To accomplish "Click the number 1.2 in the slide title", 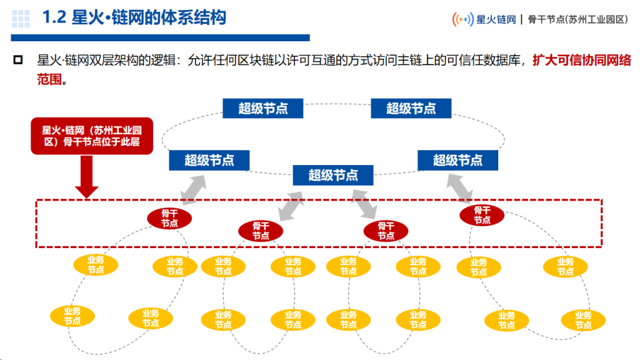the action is pos(54,17).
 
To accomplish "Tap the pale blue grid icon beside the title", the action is pos(21,19).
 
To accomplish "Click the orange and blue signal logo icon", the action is pos(463,19).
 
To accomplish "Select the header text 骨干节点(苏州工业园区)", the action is pos(577,19).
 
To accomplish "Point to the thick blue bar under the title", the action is pos(161,38).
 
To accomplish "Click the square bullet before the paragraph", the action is pos(18,61).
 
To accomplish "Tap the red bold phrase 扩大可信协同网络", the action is pos(582,61).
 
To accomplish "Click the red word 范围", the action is pos(49,79).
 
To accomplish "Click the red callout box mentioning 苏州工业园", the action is pos(92,136).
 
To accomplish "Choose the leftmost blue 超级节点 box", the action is pos(209,160).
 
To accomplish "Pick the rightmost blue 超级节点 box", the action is pos(457,160).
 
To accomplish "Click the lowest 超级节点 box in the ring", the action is pos(333,175).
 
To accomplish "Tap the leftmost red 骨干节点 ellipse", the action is pos(169,218).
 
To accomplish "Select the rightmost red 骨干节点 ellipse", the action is pos(482,215).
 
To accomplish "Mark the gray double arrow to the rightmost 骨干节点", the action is pos(459,188).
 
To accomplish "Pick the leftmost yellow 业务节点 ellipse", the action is pos(72,316).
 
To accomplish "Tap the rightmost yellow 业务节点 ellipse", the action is pos(583,320).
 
